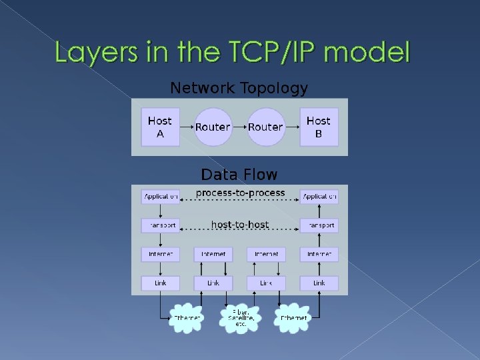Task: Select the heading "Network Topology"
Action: coord(239,88)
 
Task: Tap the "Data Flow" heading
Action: coord(239,175)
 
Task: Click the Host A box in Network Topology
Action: coord(160,127)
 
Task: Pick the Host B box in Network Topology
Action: coord(318,127)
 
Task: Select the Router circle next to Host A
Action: coord(213,127)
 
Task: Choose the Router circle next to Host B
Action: coord(265,127)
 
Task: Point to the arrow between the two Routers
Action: coord(239,127)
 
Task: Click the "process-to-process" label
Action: coord(239,193)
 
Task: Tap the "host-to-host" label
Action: coord(239,225)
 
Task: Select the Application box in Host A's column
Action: coord(160,197)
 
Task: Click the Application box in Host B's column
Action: coord(319,197)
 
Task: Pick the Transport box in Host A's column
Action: coord(160,225)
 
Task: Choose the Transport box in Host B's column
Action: coord(319,225)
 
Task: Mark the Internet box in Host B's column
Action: coord(319,254)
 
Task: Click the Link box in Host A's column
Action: coord(160,283)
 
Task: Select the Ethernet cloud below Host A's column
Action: coord(187,318)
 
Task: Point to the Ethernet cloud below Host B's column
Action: coord(293,318)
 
